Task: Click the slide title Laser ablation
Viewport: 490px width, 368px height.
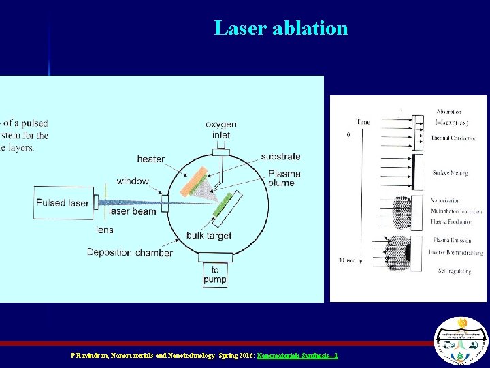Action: coord(280,28)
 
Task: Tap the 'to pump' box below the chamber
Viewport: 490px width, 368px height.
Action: coord(215,274)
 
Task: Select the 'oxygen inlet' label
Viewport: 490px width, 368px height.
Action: coord(220,129)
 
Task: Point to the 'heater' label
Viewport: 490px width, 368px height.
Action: coord(150,159)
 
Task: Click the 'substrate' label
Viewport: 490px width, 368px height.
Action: coord(280,156)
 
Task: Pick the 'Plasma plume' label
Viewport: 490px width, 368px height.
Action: coord(281,178)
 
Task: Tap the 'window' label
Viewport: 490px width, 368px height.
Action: coord(132,181)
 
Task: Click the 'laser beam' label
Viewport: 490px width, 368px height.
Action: coord(133,211)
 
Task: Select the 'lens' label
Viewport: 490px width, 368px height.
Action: coord(104,230)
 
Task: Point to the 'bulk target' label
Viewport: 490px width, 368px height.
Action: coord(209,236)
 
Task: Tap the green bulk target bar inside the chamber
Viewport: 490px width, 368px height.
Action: coord(227,208)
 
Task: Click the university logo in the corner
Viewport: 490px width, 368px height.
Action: coord(461,341)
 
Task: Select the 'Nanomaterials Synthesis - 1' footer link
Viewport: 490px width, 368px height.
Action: coord(297,356)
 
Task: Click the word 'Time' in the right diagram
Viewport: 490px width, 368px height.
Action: coord(363,122)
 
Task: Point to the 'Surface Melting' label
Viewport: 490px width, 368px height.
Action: coord(449,173)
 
